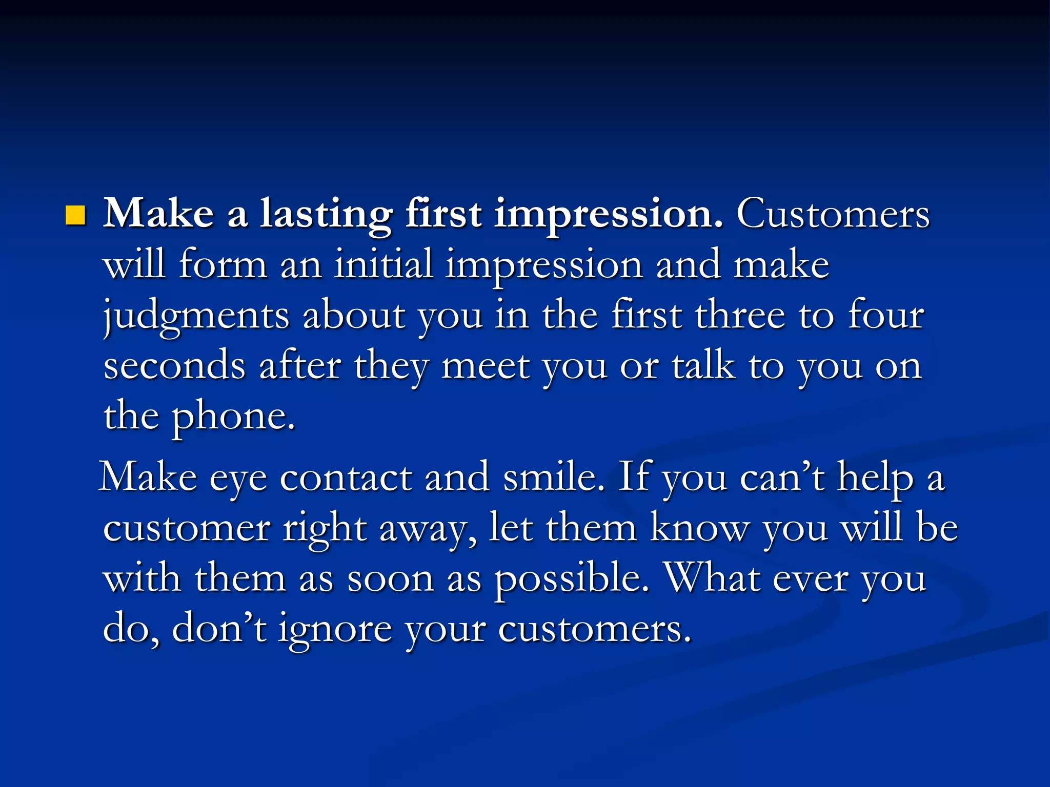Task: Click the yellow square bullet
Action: (75, 216)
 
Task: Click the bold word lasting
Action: (326, 214)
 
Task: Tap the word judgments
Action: (196, 316)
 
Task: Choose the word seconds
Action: (175, 365)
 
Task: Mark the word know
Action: (700, 528)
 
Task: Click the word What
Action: (712, 578)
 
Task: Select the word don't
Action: (219, 629)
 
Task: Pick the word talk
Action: (703, 365)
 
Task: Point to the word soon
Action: (391, 579)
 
